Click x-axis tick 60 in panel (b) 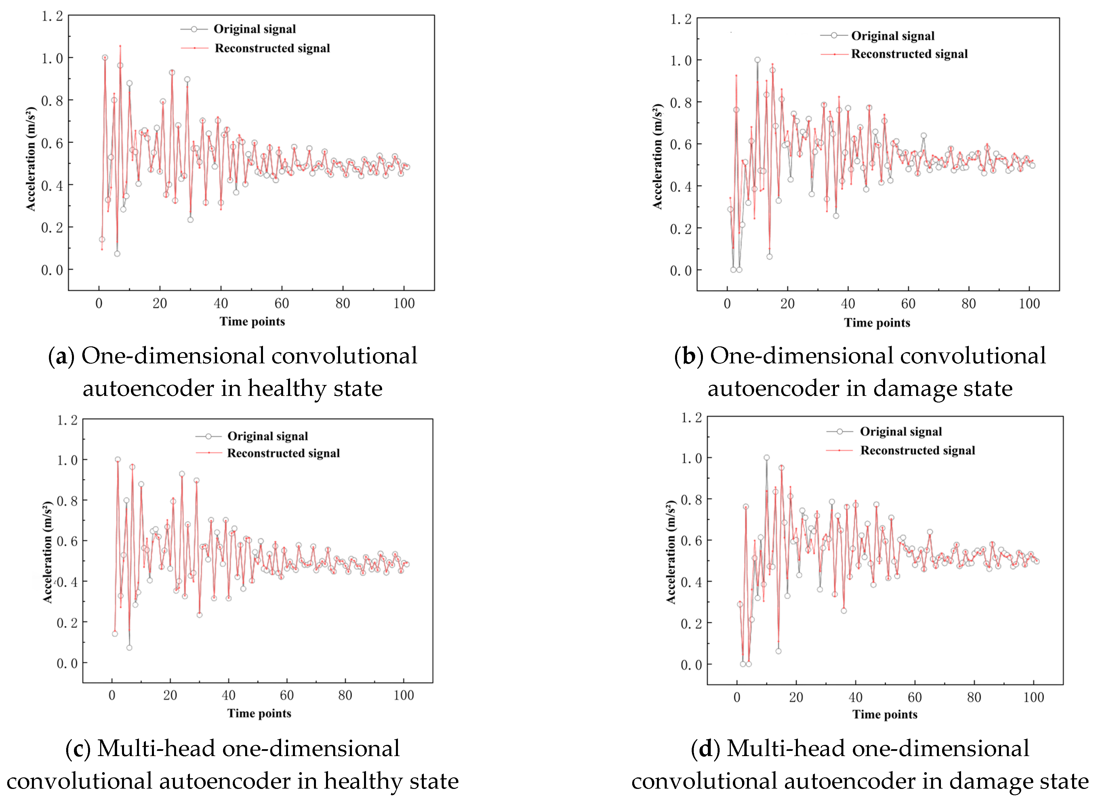point(908,304)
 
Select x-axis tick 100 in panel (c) point(404,695)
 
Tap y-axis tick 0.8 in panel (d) point(691,500)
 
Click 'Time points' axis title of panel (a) point(252,322)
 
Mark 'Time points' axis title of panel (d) point(885,714)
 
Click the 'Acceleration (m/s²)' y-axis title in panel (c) point(47,552)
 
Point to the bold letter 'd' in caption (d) point(706,749)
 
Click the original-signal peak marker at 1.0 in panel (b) point(757,60)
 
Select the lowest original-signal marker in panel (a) point(117,254)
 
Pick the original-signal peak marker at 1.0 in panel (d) point(767,458)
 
